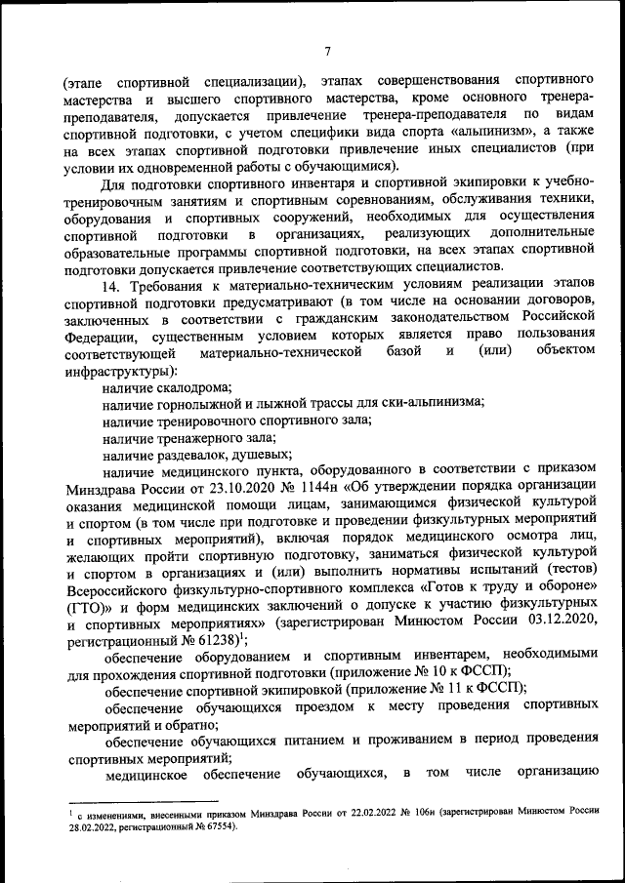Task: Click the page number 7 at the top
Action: [328, 52]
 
